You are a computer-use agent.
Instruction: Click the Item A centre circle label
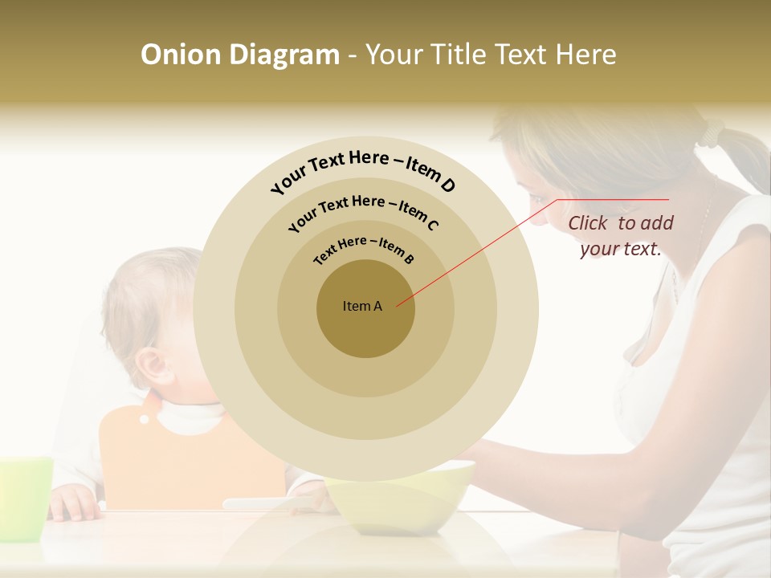point(362,306)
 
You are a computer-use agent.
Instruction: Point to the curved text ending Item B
point(364,250)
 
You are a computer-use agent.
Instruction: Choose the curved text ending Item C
point(363,211)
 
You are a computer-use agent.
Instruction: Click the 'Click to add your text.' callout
point(620,236)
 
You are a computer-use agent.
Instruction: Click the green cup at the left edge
point(24,498)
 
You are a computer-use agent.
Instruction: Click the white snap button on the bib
point(145,418)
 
